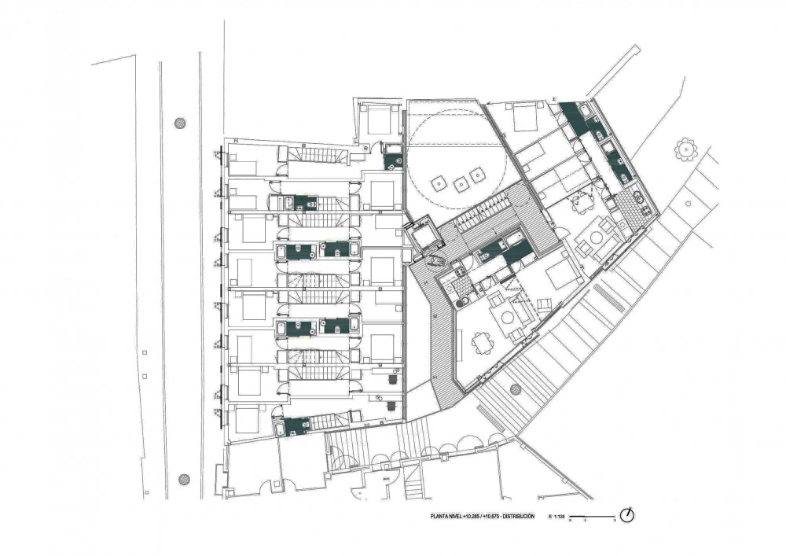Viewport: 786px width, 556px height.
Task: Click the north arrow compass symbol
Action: tap(626, 516)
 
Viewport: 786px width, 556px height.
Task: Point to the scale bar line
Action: tap(591, 516)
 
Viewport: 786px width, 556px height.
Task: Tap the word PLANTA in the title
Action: tap(439, 516)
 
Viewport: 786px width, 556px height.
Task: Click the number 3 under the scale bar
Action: tap(613, 521)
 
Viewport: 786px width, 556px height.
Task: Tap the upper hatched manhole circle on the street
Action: tap(181, 123)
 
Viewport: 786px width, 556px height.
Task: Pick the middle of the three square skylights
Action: tap(459, 182)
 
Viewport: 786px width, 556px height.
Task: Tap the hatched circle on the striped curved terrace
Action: tap(516, 389)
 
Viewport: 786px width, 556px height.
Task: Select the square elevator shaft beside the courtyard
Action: tap(423, 233)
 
